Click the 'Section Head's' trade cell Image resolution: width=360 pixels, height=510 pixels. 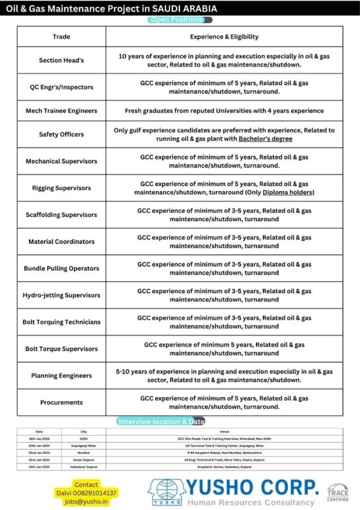[x=61, y=60]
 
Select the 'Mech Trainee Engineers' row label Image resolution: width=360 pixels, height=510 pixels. [x=61, y=111]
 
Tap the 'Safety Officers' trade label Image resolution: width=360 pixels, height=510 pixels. [x=61, y=135]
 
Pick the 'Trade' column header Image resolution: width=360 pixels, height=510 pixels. [x=61, y=37]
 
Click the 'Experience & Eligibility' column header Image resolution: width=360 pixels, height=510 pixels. [x=224, y=37]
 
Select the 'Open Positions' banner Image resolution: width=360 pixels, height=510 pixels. [x=180, y=20]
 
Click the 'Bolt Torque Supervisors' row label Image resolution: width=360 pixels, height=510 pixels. [x=61, y=349]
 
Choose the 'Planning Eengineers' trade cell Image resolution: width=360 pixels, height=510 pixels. [x=61, y=375]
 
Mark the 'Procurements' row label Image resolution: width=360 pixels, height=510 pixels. [x=61, y=402]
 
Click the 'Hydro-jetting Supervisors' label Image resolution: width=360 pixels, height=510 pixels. [x=61, y=295]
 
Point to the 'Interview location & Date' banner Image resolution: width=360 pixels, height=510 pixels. [x=161, y=421]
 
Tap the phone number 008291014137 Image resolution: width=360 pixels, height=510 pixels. [x=97, y=493]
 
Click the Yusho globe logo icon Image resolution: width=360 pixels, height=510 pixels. [x=166, y=491]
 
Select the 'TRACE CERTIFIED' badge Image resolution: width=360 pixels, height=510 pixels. [x=337, y=493]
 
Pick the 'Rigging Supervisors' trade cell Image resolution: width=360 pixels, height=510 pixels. [x=61, y=188]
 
